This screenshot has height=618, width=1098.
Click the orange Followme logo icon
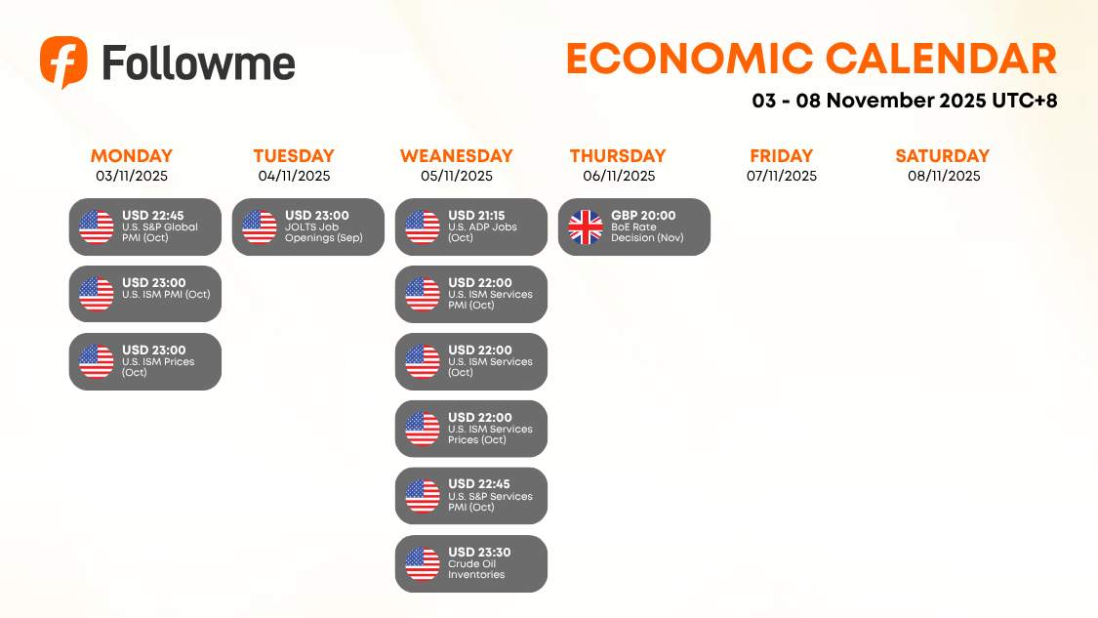coord(63,62)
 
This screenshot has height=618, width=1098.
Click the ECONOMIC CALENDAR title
coord(811,60)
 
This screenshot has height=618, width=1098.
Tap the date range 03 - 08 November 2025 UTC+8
coord(905,101)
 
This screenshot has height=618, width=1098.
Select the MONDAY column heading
coord(132,156)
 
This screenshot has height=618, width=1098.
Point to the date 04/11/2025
coord(294,177)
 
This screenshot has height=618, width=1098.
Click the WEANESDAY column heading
coord(456,156)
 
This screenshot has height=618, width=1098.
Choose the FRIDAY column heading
coord(781,156)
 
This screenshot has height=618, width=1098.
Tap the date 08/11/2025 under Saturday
coord(943,177)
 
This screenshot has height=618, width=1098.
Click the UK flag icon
coord(586,227)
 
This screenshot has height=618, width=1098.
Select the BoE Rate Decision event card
coord(634,227)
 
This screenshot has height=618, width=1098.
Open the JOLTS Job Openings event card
coord(308,227)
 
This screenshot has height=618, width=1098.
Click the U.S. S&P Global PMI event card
coord(145,227)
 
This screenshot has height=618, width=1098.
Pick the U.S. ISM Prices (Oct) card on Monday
coord(145,361)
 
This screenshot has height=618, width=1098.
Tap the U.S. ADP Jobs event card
coord(471,227)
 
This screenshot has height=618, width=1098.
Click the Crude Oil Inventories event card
coord(471,563)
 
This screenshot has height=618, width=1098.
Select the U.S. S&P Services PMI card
coord(471,496)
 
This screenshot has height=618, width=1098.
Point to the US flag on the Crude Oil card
coord(423,563)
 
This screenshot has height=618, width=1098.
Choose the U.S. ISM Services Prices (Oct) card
coord(471,429)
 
